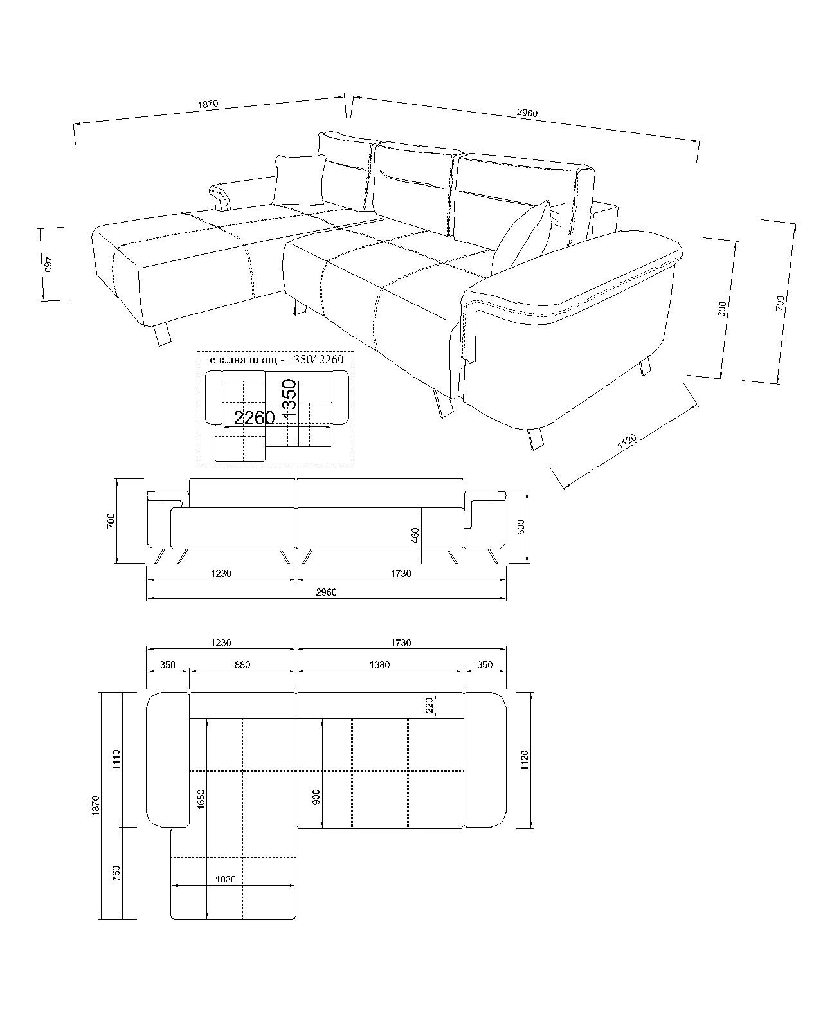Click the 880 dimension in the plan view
click(242, 665)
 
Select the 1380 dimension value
click(380, 665)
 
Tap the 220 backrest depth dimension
click(430, 706)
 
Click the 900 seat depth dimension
click(316, 798)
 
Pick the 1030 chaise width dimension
click(226, 880)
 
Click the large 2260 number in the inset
click(255, 418)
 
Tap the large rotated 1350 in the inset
click(290, 401)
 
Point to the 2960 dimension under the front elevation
click(327, 592)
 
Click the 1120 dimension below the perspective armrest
click(627, 442)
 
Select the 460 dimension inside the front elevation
click(415, 535)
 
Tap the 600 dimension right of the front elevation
click(521, 526)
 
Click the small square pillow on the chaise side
click(299, 180)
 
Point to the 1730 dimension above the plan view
click(401, 642)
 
